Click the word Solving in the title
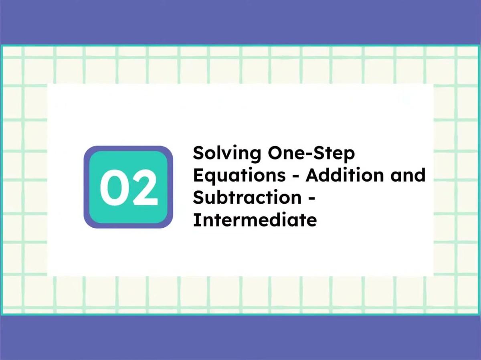[x=220, y=154]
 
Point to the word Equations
[x=239, y=176]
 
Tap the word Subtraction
[x=247, y=198]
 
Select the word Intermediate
[x=255, y=220]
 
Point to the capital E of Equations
[x=198, y=175]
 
